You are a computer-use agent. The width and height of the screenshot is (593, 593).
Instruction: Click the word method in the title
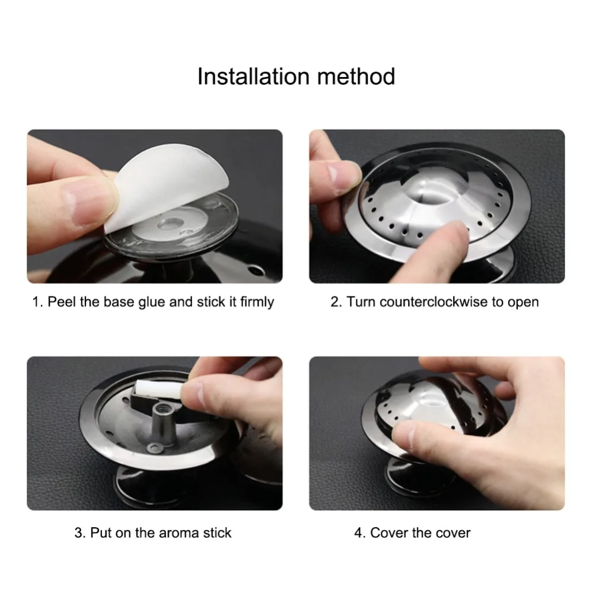[x=356, y=76]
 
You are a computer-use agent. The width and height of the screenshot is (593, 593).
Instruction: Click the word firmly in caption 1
[x=257, y=302]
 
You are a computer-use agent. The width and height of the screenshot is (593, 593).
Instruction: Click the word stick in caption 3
[x=217, y=533]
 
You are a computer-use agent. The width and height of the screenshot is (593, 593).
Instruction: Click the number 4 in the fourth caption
[x=358, y=533]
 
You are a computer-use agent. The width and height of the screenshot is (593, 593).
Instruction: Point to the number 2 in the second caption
[x=334, y=302]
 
